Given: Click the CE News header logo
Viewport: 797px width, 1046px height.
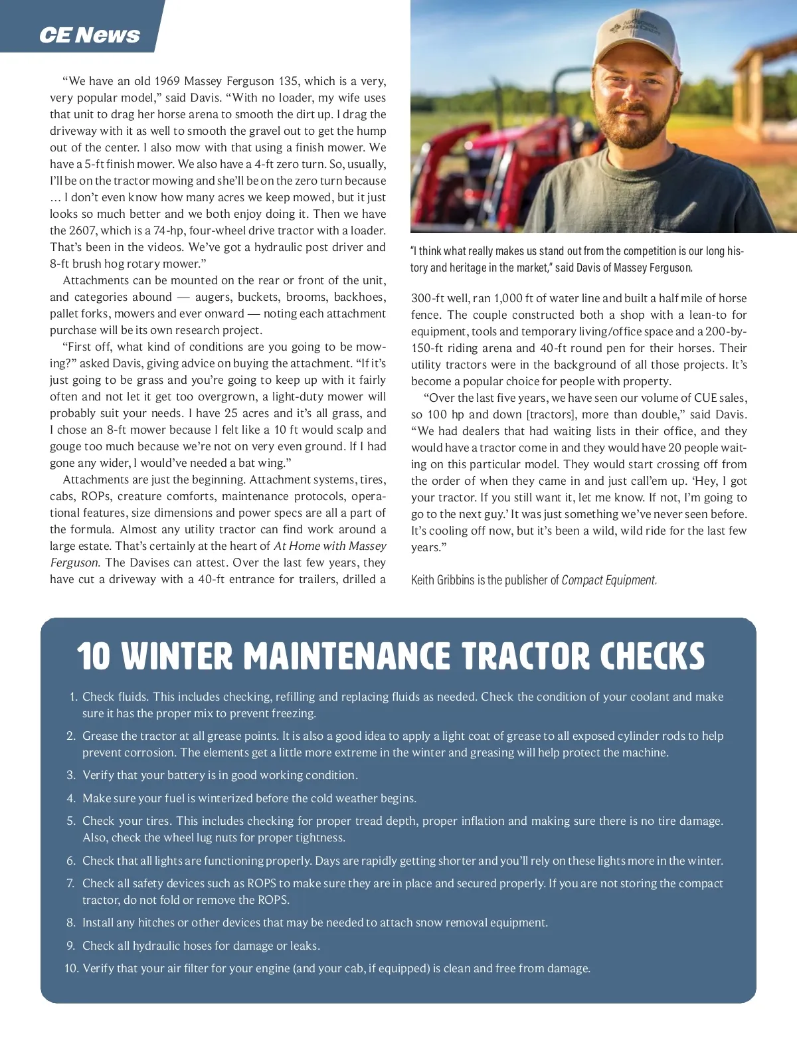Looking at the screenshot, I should click(89, 35).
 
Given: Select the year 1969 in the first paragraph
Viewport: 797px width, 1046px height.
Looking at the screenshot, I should click(167, 81).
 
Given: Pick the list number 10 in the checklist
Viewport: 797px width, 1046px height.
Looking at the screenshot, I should click(71, 968).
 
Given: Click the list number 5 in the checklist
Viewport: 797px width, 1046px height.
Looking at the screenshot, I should click(71, 821).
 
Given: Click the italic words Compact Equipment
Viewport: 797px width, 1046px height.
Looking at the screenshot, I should click(609, 580).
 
